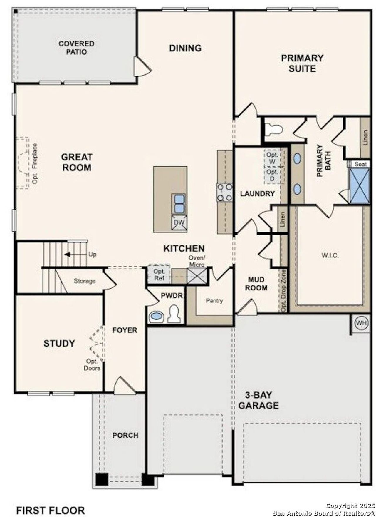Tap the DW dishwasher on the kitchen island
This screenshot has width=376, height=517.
pyautogui.click(x=179, y=223)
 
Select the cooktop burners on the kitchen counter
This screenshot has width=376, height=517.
pyautogui.click(x=225, y=192)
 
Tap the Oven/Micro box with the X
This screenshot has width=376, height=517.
pyautogui.click(x=197, y=276)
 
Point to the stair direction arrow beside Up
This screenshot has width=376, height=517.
pyautogui.click(x=68, y=255)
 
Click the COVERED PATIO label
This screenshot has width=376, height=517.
pyautogui.click(x=76, y=48)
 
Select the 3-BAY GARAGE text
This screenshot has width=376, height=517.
pyautogui.click(x=258, y=400)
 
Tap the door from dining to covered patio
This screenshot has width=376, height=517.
pyautogui.click(x=141, y=67)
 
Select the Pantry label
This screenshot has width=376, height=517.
pyautogui.click(x=214, y=301)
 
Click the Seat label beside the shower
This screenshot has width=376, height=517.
pyautogui.click(x=360, y=164)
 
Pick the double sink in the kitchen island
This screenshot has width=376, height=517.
pyautogui.click(x=179, y=203)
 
